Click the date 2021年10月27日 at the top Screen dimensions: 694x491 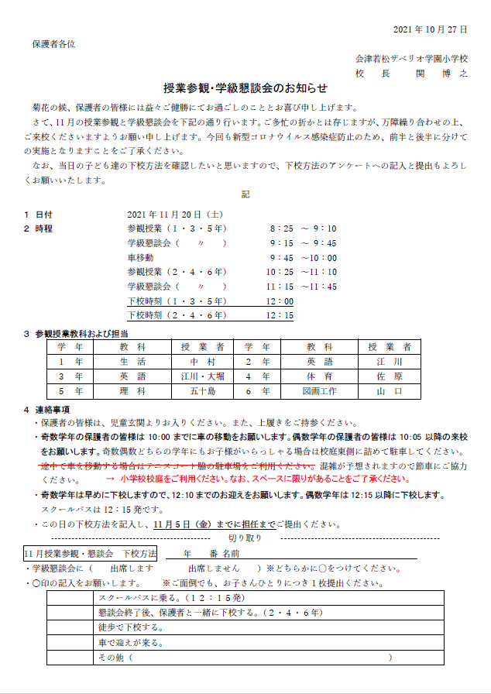click(430, 29)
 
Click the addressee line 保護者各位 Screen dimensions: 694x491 click(54, 44)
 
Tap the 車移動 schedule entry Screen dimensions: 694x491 click(141, 257)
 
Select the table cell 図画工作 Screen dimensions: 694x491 click(319, 391)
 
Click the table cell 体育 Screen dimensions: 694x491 click(319, 376)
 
